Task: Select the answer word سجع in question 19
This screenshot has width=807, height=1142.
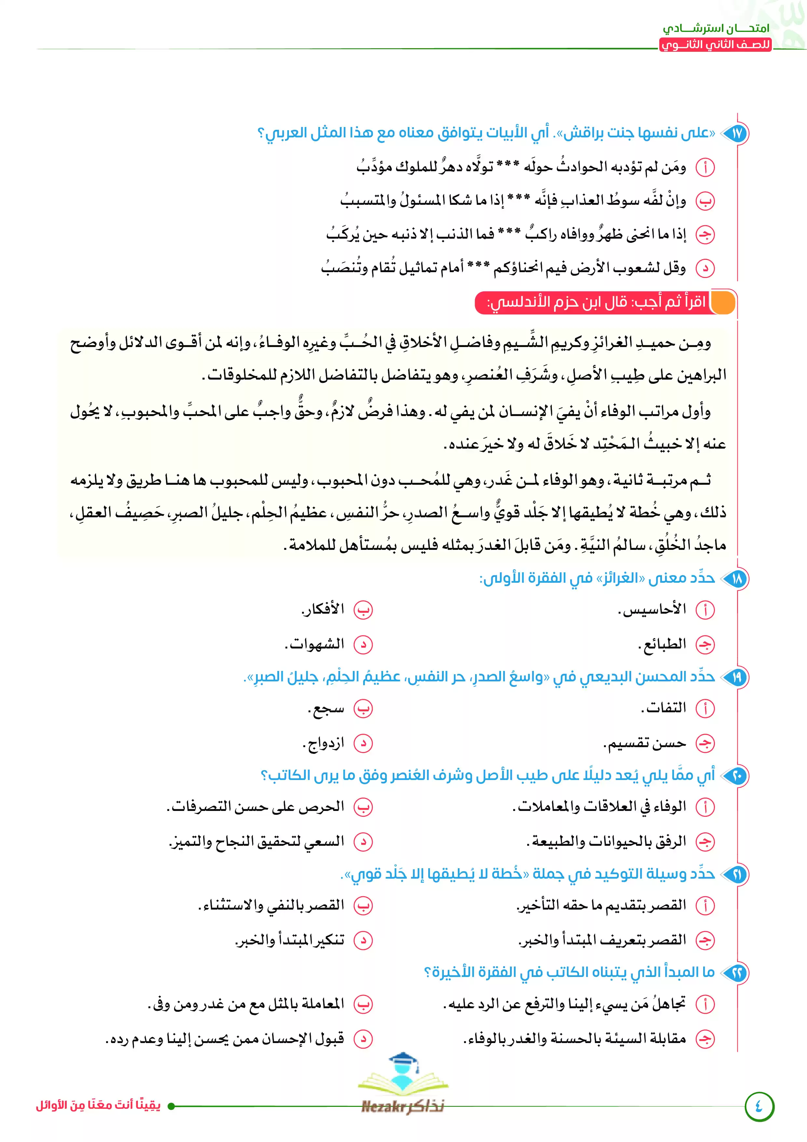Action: (326, 709)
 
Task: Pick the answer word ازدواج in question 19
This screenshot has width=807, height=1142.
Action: (324, 744)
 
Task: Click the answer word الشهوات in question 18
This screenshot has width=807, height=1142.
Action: (315, 645)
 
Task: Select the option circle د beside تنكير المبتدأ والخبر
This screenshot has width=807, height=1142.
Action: (363, 940)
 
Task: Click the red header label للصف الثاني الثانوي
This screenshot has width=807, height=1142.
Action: (716, 45)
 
